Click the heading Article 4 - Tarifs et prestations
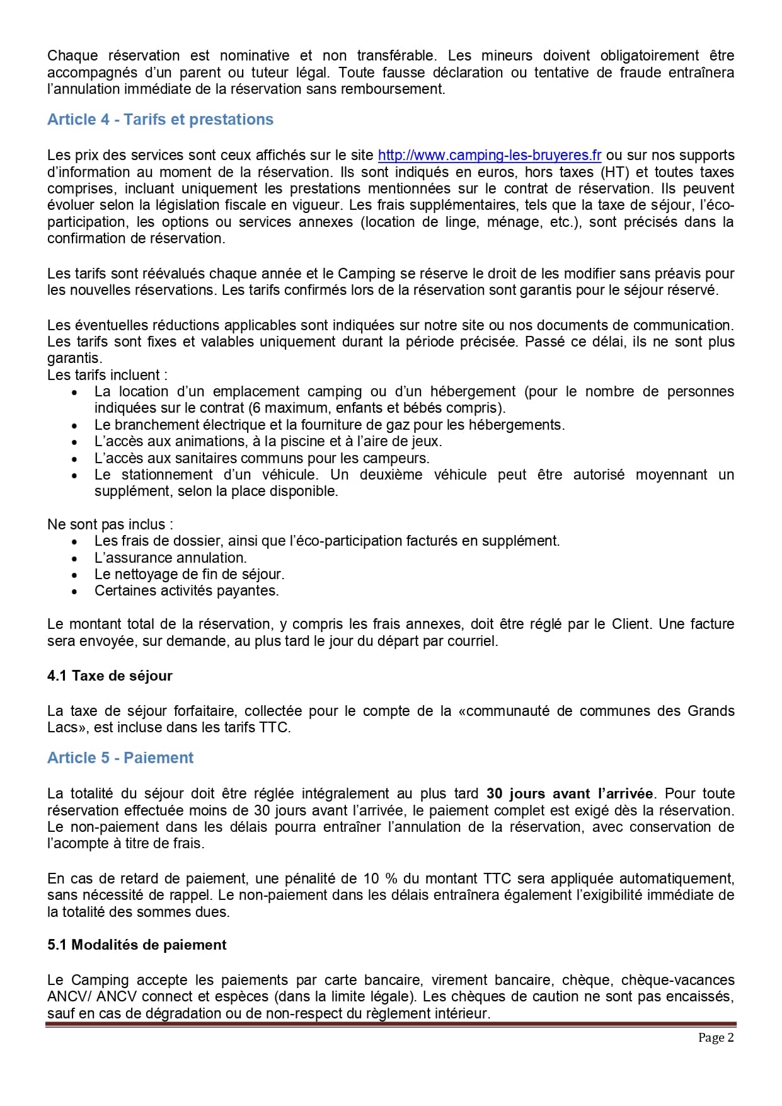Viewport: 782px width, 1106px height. pos(160,120)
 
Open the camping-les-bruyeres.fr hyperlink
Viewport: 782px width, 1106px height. pos(489,156)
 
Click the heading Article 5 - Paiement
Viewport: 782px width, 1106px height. pos(120,758)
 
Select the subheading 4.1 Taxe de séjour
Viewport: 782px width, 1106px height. pos(110,676)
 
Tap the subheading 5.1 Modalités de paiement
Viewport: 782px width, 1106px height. pos(137,945)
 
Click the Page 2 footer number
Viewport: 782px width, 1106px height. pos(716,1038)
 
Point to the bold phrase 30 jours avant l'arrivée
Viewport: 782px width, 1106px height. pos(570,794)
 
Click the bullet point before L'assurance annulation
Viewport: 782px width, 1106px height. pos(75,558)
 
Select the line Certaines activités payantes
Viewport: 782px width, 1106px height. pos(187,591)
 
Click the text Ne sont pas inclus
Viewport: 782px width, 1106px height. pos(110,525)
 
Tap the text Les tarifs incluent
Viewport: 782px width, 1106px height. pos(107,376)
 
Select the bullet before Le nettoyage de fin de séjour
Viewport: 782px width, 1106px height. pos(75,575)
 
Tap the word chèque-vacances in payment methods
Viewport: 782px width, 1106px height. pos(677,981)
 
